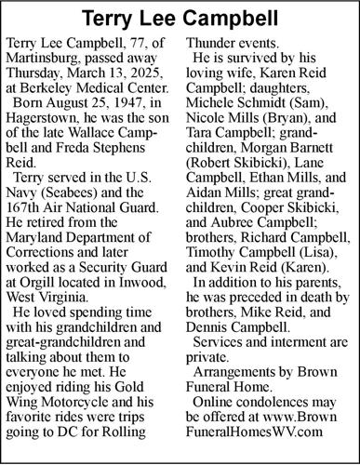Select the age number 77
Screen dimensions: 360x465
pos(149,45)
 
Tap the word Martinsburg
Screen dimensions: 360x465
pos(47,60)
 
